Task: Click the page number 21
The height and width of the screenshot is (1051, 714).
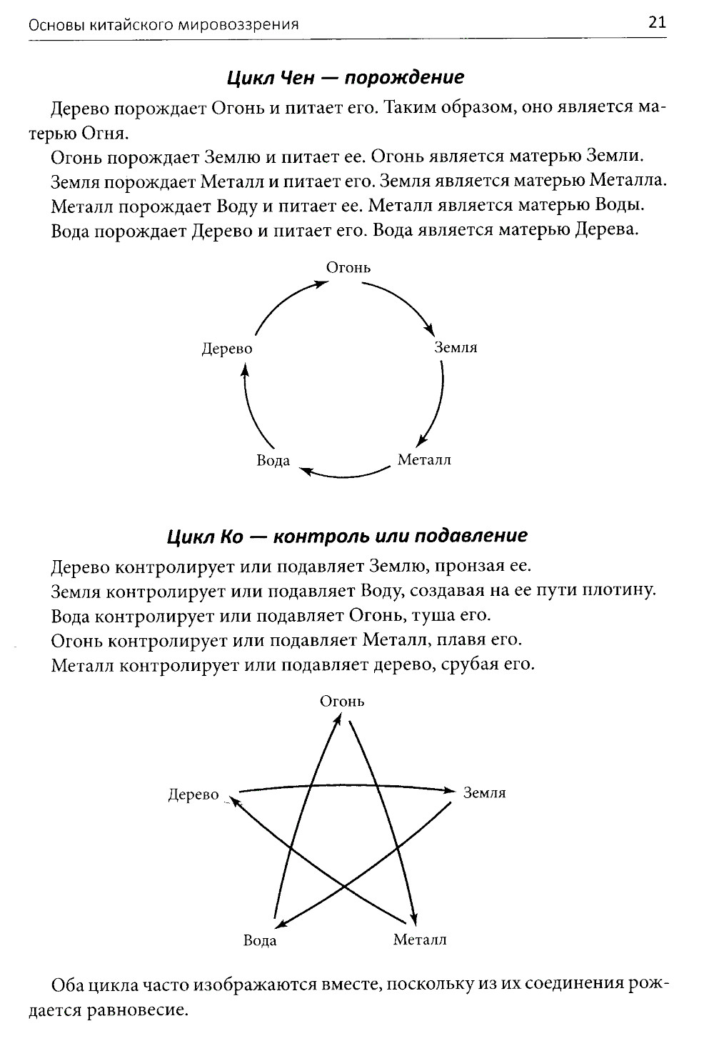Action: click(x=657, y=22)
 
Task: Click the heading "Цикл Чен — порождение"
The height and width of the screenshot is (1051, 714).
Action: click(x=346, y=77)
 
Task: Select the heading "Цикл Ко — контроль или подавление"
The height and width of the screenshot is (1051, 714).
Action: click(x=347, y=536)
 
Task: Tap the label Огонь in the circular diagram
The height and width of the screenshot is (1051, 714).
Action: click(x=348, y=268)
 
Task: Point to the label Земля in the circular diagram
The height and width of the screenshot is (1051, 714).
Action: click(x=456, y=348)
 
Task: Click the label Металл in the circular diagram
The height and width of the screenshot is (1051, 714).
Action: click(x=424, y=459)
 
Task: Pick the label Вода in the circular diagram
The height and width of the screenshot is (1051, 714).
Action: click(x=273, y=460)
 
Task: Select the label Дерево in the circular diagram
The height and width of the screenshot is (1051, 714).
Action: click(x=227, y=349)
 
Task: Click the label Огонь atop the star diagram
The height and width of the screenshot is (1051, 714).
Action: click(x=342, y=702)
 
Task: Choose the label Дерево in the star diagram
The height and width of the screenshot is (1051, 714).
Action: click(x=193, y=795)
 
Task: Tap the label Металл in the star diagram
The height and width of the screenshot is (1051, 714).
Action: click(x=420, y=940)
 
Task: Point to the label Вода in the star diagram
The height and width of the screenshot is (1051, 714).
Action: click(x=260, y=940)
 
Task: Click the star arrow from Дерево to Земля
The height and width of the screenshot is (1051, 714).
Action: click(x=346, y=786)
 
